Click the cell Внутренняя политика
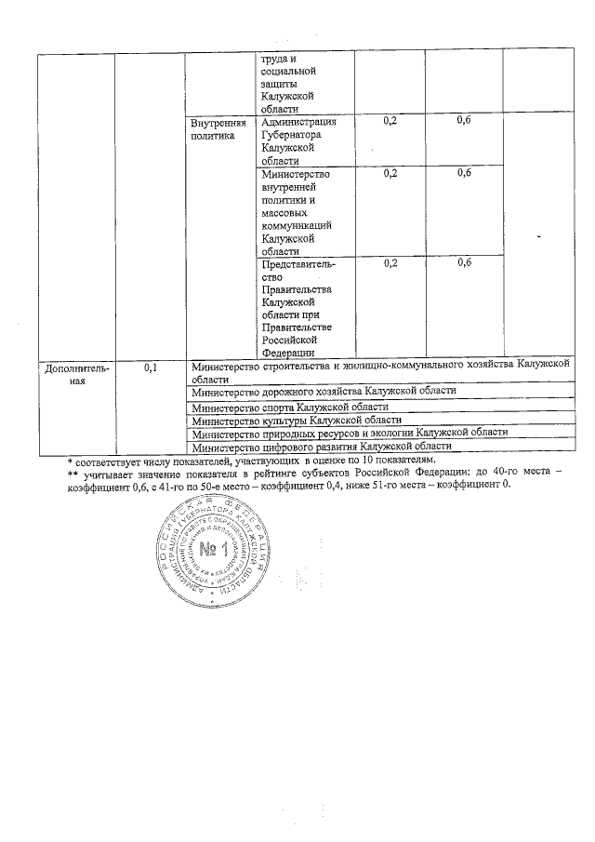point(219,130)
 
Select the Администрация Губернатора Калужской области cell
point(297,140)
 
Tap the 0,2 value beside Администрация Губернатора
point(390,122)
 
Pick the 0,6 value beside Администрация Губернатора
point(465,122)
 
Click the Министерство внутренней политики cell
point(297,212)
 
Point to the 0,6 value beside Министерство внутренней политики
point(465,173)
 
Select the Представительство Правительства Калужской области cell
point(297,308)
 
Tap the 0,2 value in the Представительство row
point(390,263)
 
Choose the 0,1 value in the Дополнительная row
point(150,369)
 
